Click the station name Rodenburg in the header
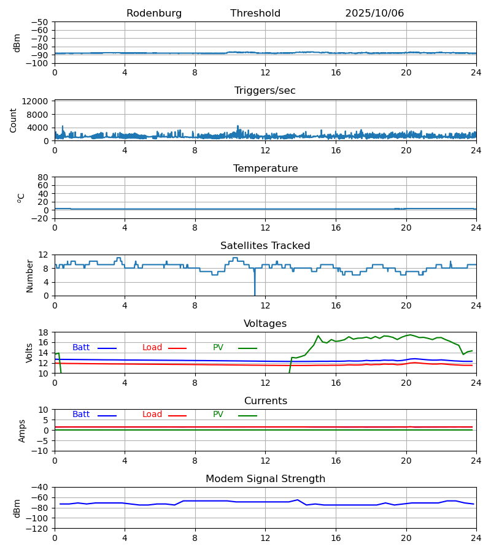tap(154, 13)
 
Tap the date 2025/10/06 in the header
tap(374, 13)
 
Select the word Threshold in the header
tap(255, 13)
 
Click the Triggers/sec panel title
tap(265, 91)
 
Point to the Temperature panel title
tap(265, 169)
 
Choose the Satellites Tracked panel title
tap(265, 246)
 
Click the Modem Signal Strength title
tap(265, 479)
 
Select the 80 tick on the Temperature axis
tap(43, 177)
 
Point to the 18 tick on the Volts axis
tap(43, 332)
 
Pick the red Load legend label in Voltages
tap(152, 348)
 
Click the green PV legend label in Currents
tap(218, 415)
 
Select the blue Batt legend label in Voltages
tap(81, 348)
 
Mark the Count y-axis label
tap(14, 120)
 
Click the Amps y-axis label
tap(22, 431)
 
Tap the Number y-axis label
tap(30, 275)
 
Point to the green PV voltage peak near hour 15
tap(318, 336)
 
